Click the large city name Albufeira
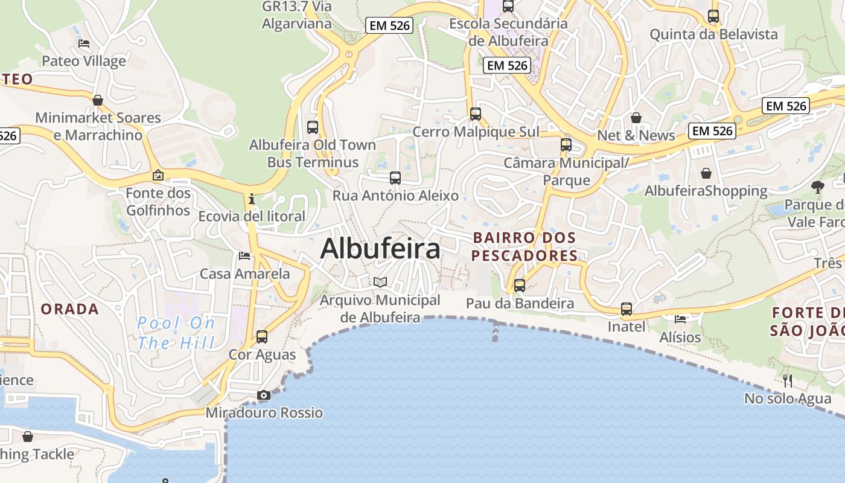click(380, 248)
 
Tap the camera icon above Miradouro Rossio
click(263, 395)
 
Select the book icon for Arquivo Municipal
click(380, 282)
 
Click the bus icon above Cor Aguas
click(261, 337)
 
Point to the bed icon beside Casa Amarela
click(244, 256)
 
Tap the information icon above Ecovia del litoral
click(252, 199)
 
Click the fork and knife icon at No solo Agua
click(787, 380)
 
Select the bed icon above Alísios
click(680, 319)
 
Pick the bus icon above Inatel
click(627, 309)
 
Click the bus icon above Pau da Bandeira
click(520, 286)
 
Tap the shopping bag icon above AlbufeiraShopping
click(706, 174)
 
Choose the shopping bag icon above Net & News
click(636, 118)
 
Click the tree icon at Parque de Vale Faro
click(818, 187)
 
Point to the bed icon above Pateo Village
click(84, 43)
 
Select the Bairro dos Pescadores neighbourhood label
click(524, 246)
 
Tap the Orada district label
click(69, 309)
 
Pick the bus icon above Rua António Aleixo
click(395, 178)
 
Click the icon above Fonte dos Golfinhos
click(158, 176)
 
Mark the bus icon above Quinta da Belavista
click(713, 16)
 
